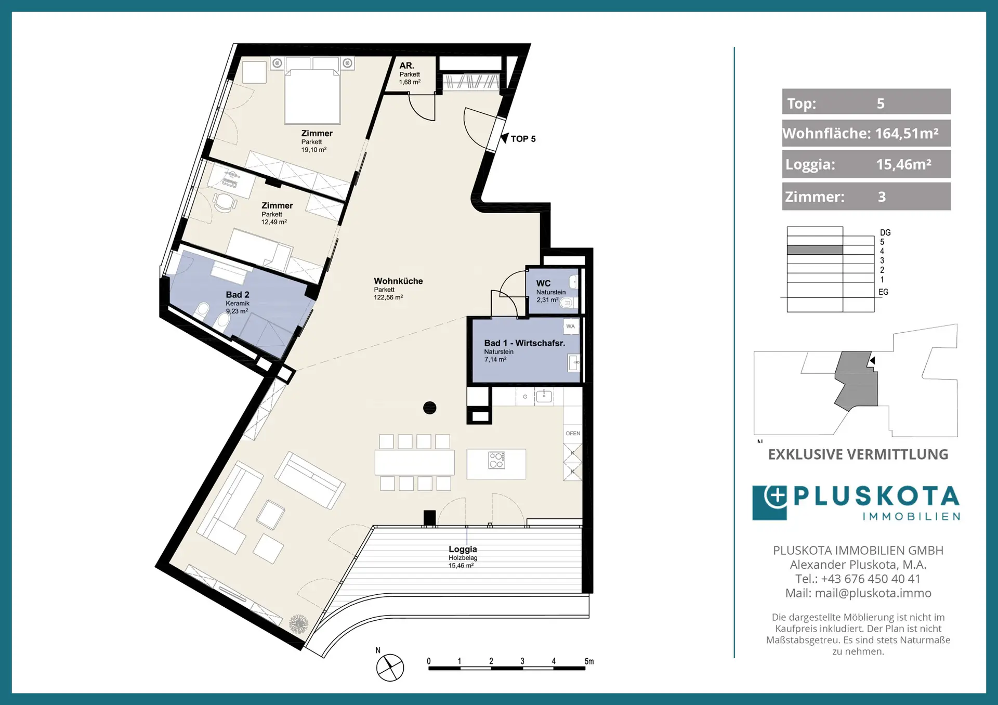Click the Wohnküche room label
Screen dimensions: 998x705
(398, 281)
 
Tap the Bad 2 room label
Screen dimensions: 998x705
(238, 295)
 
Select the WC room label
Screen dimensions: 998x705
(543, 283)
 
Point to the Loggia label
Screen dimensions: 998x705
(463, 549)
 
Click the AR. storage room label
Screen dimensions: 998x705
(406, 66)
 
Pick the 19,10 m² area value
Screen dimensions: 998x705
(314, 150)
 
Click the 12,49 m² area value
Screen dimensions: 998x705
(274, 222)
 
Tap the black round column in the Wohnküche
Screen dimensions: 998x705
(430, 408)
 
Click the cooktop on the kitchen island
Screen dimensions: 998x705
(496, 460)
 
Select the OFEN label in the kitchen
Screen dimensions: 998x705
(573, 433)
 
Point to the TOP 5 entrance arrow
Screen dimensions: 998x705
(504, 138)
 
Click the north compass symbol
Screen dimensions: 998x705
(390, 668)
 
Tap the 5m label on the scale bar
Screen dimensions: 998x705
(589, 661)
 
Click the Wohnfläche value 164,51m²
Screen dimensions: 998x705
(907, 134)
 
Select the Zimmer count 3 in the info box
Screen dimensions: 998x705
(882, 197)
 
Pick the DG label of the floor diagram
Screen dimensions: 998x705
(885, 232)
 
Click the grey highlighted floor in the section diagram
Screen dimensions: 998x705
(815, 250)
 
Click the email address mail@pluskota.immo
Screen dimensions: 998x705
(873, 593)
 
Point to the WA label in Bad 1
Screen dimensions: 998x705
(571, 327)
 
